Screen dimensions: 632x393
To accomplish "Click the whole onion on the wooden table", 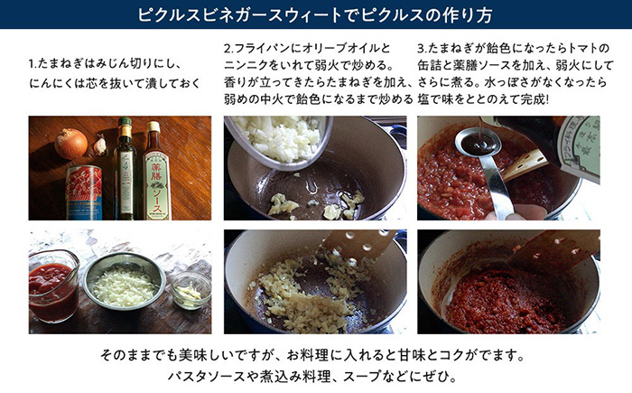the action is click(x=71, y=144).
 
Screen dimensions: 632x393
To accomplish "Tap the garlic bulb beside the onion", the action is click(x=100, y=145).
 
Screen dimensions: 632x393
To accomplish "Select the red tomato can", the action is click(x=83, y=192).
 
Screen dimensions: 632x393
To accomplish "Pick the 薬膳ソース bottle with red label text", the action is click(x=155, y=171).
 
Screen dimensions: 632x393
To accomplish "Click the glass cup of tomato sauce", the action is click(x=53, y=286).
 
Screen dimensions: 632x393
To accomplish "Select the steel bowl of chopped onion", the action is click(x=124, y=282).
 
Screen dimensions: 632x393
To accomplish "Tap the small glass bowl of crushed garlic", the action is click(x=191, y=290).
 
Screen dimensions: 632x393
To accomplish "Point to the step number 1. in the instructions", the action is click(x=33, y=64).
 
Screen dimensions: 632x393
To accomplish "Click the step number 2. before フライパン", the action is click(x=229, y=49).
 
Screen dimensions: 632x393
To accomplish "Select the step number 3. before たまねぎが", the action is click(x=423, y=49).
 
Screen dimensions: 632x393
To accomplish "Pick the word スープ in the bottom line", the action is click(x=361, y=377).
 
